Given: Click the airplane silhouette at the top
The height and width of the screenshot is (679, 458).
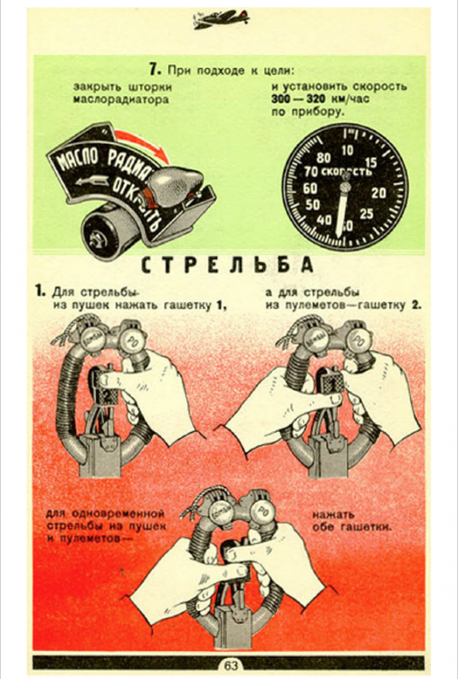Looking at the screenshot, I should (x=223, y=19).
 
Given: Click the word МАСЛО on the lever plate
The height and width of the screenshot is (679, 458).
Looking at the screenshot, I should (x=79, y=165).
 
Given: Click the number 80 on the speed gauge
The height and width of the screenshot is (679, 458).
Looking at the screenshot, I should (x=321, y=158).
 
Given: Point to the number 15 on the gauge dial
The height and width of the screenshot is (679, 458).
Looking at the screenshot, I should (x=369, y=162).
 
